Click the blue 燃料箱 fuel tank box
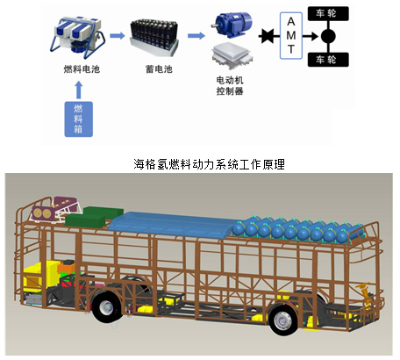tap(79, 119)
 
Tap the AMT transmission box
tap(291, 36)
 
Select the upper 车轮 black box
tap(328, 13)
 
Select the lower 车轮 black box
tap(328, 60)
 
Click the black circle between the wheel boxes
tap(328, 36)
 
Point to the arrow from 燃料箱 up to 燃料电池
tap(79, 90)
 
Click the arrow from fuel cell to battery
tap(118, 36)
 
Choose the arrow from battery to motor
tap(196, 36)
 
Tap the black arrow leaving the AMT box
tap(311, 36)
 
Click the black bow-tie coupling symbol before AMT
tap(268, 36)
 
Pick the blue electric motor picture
tap(232, 25)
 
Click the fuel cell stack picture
tap(79, 38)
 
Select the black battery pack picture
tap(154, 38)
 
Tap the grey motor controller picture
tap(232, 55)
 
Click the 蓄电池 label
tap(159, 69)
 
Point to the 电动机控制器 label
tap(230, 85)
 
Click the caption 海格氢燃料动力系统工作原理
tap(209, 164)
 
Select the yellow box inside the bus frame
tap(41, 277)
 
